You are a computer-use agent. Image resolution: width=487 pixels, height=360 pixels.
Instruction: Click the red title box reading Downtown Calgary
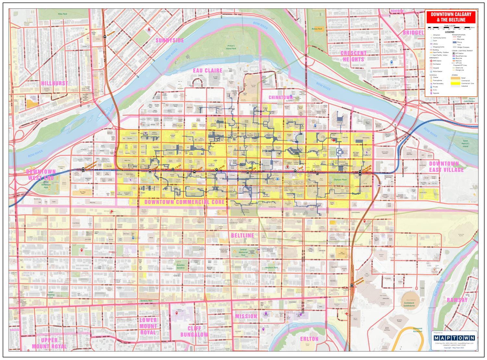pos(451,17)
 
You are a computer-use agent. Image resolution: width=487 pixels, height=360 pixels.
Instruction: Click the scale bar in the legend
pos(450,28)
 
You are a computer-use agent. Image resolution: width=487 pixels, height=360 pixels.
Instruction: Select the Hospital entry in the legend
pos(436,68)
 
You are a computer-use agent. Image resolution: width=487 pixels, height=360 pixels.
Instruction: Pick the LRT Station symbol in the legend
pos(454,53)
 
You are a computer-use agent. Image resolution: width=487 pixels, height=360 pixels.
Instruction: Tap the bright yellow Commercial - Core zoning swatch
pos(456,84)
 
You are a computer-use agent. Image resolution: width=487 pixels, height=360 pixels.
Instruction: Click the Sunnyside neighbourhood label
pos(169,41)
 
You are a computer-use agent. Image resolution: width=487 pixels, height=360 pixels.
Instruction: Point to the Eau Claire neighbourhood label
pos(208,71)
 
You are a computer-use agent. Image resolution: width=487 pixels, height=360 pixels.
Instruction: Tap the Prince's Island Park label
pos(231,47)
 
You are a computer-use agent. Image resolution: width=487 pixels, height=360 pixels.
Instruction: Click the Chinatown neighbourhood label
pos(280,97)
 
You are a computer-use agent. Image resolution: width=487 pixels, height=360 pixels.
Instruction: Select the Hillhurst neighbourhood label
pos(55,84)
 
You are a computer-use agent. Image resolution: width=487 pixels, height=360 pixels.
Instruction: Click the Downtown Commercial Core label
pos(184,202)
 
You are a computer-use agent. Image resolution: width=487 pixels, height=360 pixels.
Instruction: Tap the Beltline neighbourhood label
pos(243,236)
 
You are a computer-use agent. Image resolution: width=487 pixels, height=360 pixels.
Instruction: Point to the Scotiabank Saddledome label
pos(409,304)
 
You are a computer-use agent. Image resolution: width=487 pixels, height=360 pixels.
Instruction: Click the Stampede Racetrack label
pos(418,330)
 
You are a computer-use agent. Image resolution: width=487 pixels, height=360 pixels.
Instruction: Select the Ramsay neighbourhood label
pos(457,300)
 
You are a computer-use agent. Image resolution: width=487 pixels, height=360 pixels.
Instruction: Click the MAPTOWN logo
pos(455,338)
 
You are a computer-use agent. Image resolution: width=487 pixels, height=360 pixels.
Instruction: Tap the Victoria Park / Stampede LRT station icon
pos(352,286)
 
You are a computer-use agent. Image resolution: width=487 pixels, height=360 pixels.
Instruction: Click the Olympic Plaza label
pos(340,179)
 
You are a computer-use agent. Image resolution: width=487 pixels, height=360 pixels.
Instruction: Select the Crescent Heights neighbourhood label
pos(353,56)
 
